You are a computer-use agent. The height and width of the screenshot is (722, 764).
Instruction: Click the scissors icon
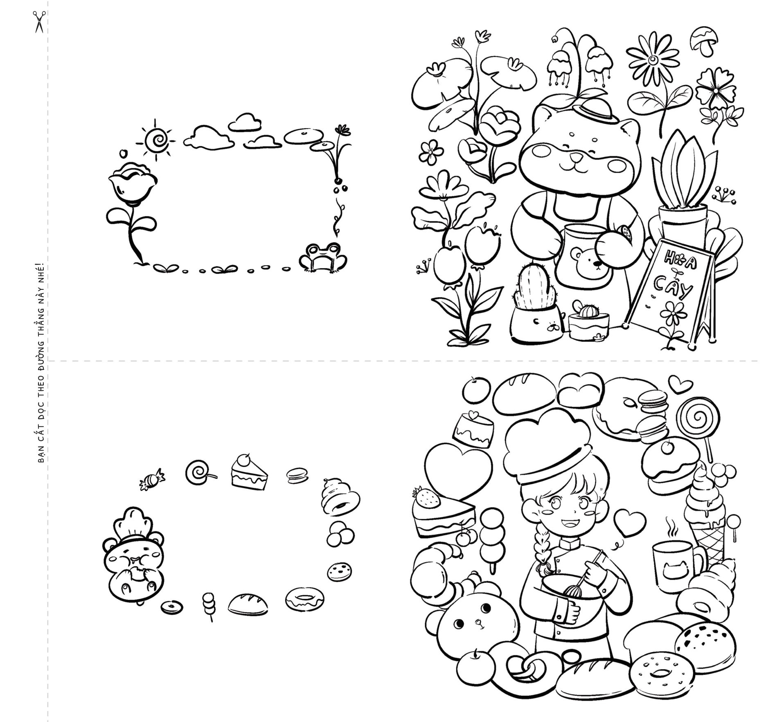coord(39,21)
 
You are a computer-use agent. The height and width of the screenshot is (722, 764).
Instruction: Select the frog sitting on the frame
coord(323,257)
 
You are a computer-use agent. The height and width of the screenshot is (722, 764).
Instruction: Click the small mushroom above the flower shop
coord(703,41)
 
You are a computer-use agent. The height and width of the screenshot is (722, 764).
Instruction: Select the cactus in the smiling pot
coord(534,287)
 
